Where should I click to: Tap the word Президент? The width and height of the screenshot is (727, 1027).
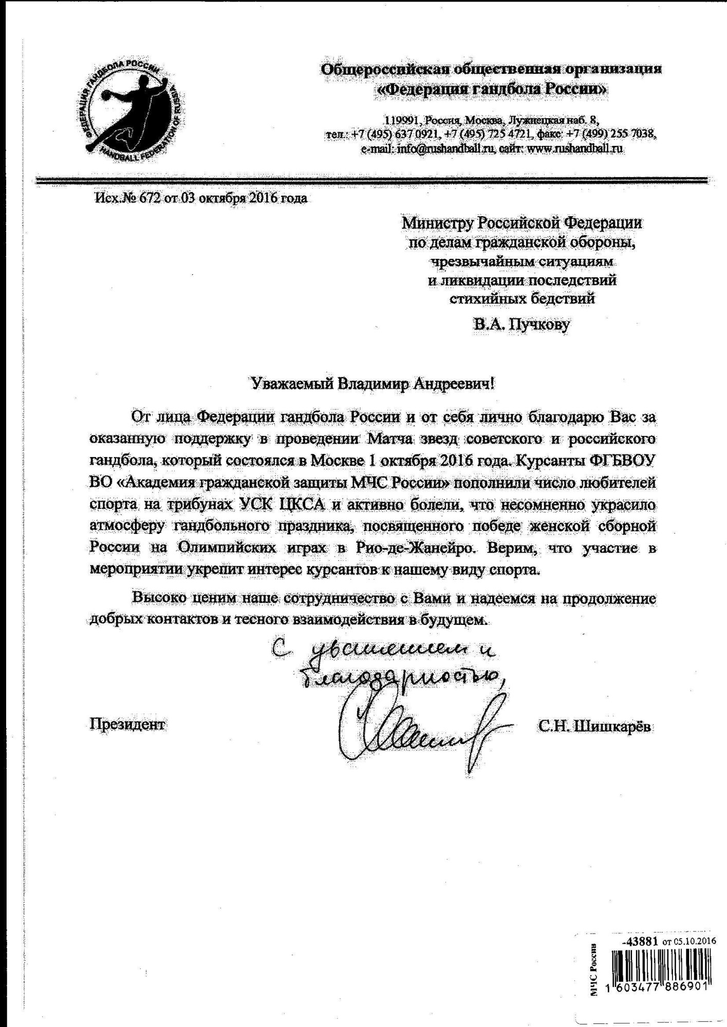pyautogui.click(x=127, y=724)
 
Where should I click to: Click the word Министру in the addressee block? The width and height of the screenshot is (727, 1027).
pyautogui.click(x=437, y=223)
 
